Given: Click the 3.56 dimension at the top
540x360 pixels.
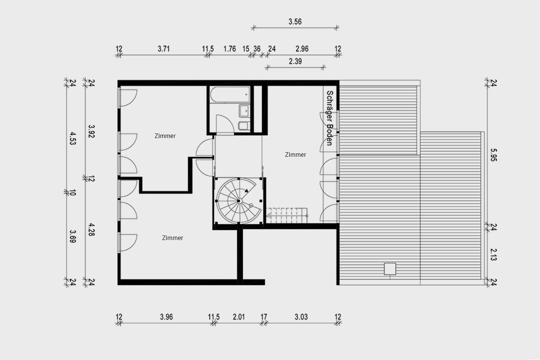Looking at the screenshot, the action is tap(295, 22).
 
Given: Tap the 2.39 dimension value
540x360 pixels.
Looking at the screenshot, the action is tap(295, 61).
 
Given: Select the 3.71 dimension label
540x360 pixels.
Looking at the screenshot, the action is tap(163, 49).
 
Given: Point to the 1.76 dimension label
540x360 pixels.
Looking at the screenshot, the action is tap(229, 49).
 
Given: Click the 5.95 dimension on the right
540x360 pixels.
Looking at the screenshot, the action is tap(494, 155).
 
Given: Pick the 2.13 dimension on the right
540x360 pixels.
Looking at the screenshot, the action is tap(494, 254).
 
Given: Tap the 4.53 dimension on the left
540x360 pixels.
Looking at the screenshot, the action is tap(73, 138).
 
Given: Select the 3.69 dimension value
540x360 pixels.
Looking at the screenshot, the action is tap(73, 236).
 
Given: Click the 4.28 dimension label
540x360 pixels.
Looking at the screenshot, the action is tap(91, 229).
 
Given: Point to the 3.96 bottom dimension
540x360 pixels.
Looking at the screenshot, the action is tap(166, 317).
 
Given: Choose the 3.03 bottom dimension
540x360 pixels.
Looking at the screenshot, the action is tap(301, 317).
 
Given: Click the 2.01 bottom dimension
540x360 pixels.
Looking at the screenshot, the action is tap(238, 317).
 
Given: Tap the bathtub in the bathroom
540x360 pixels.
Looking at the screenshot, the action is tap(230, 95).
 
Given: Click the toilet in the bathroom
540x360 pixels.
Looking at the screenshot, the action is tap(244, 126).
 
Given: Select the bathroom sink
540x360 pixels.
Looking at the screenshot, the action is tap(244, 111).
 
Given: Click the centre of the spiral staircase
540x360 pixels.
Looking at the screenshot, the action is tap(239, 201).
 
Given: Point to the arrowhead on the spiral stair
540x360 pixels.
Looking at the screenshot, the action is tap(246, 190).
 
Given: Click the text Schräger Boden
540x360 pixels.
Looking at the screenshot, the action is tap(330, 118).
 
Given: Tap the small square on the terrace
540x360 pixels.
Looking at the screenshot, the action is tap(390, 269).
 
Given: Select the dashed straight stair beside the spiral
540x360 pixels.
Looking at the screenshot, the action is tap(286, 216).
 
